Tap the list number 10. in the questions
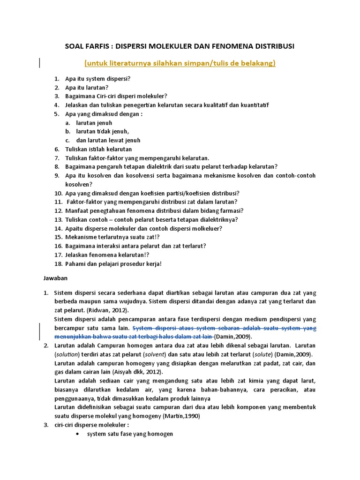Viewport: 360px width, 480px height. [58, 193]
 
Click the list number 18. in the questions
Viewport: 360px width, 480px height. [58, 263]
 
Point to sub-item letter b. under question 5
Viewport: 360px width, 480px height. [67, 132]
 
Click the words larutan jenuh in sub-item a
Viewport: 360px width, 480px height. [94, 123]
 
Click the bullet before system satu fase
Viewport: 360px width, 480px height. [77, 434]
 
